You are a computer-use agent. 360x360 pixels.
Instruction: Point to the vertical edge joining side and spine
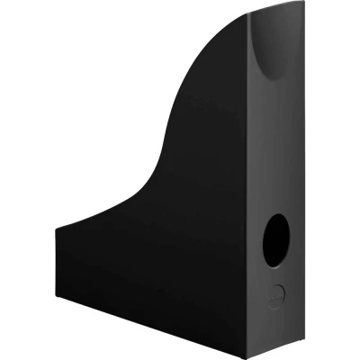(x=244, y=198)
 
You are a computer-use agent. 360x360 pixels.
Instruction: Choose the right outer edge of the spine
(x=298, y=180)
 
